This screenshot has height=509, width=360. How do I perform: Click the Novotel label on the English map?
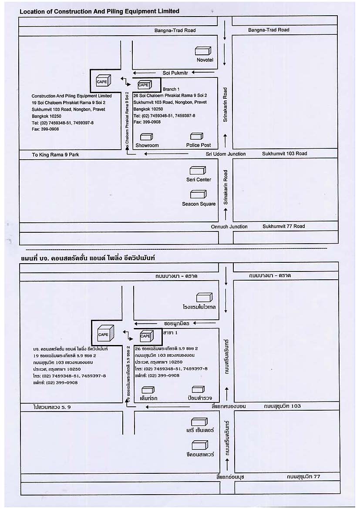pyautogui.click(x=205, y=60)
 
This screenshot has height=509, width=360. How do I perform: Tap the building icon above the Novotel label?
pyautogui.click(x=203, y=51)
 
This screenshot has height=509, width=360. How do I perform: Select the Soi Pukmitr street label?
pyautogui.click(x=175, y=73)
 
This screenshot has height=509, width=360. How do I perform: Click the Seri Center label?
pyautogui.click(x=199, y=180)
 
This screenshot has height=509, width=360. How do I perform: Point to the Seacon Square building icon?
pyautogui.click(x=198, y=194)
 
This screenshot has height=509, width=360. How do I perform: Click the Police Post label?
pyautogui.click(x=199, y=145)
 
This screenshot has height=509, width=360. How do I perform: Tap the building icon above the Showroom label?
pyautogui.click(x=147, y=137)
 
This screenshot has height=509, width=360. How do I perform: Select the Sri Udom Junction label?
pyautogui.click(x=225, y=154)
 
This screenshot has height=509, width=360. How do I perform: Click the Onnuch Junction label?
pyautogui.click(x=229, y=227)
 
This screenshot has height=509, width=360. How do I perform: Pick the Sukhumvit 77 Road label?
pyautogui.click(x=284, y=226)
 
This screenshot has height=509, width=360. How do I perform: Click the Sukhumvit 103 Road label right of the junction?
pyautogui.click(x=285, y=154)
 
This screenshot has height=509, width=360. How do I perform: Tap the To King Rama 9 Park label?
pyautogui.click(x=55, y=155)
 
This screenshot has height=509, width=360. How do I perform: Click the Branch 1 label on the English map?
pyautogui.click(x=171, y=89)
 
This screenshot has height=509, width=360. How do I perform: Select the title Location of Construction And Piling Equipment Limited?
pyautogui.click(x=99, y=11)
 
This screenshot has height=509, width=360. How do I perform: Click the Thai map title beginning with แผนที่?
pyautogui.click(x=88, y=258)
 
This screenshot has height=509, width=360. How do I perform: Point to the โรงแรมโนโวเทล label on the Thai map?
pyautogui.click(x=199, y=307)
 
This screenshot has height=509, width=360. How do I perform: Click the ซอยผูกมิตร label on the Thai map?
pyautogui.click(x=177, y=323)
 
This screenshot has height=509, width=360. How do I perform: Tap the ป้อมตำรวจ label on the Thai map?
pyautogui.click(x=200, y=398)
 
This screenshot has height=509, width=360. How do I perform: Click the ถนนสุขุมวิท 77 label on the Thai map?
pyautogui.click(x=303, y=476)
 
